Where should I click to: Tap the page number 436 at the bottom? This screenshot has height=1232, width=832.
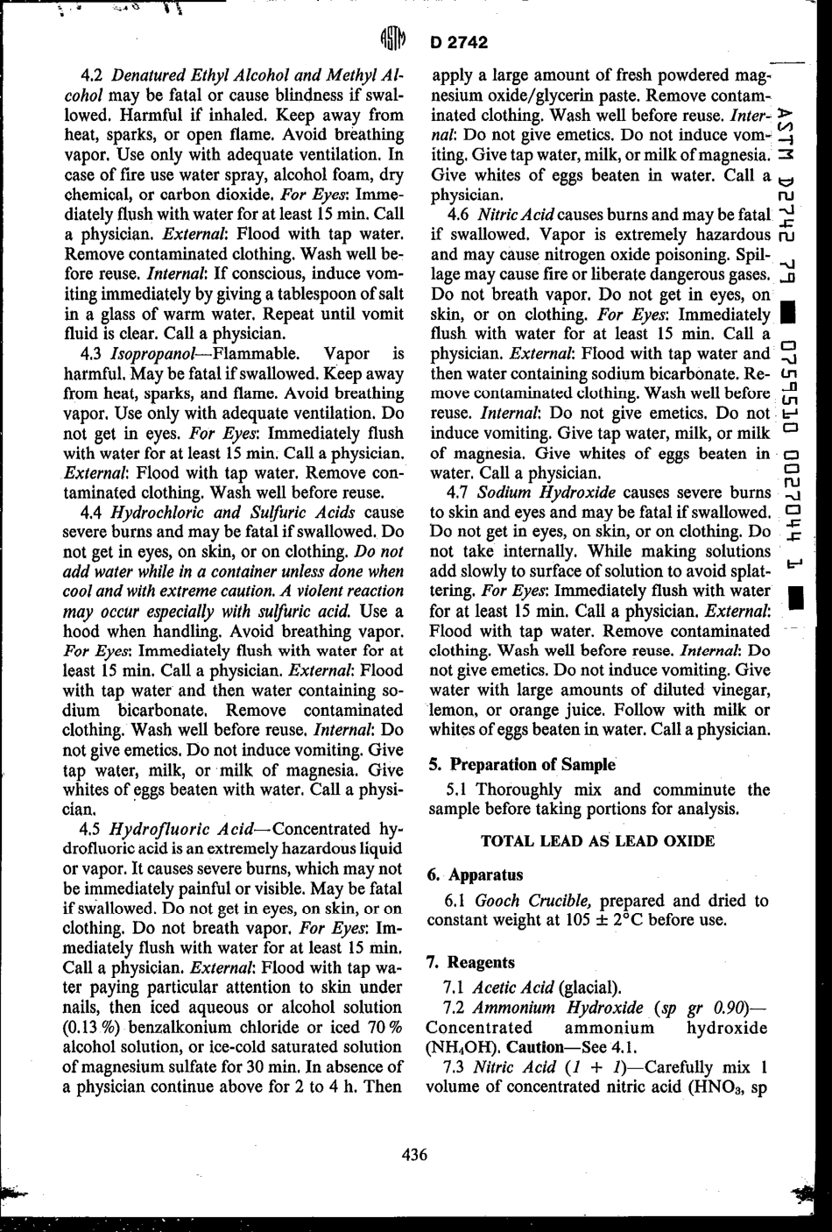[x=414, y=1155]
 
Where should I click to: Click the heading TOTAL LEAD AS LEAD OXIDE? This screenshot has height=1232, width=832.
[x=598, y=841]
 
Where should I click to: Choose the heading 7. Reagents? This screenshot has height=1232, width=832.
[x=470, y=962]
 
